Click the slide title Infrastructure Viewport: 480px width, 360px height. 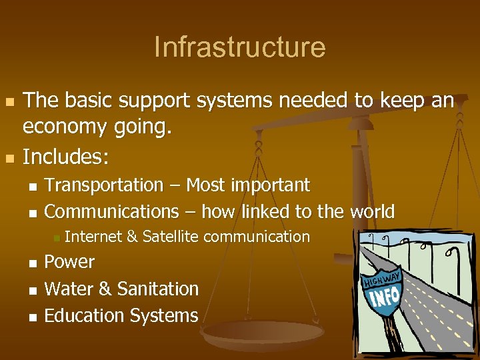point(239,47)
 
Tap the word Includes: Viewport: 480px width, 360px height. point(65,157)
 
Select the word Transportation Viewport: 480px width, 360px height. point(104,185)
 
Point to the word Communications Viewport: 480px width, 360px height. point(111,212)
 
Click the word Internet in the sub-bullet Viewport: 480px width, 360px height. point(93,236)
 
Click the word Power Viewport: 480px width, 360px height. point(69,262)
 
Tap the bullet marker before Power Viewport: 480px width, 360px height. point(33,263)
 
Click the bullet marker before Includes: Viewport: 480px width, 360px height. point(9,159)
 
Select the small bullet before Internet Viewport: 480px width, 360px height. point(57,237)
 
